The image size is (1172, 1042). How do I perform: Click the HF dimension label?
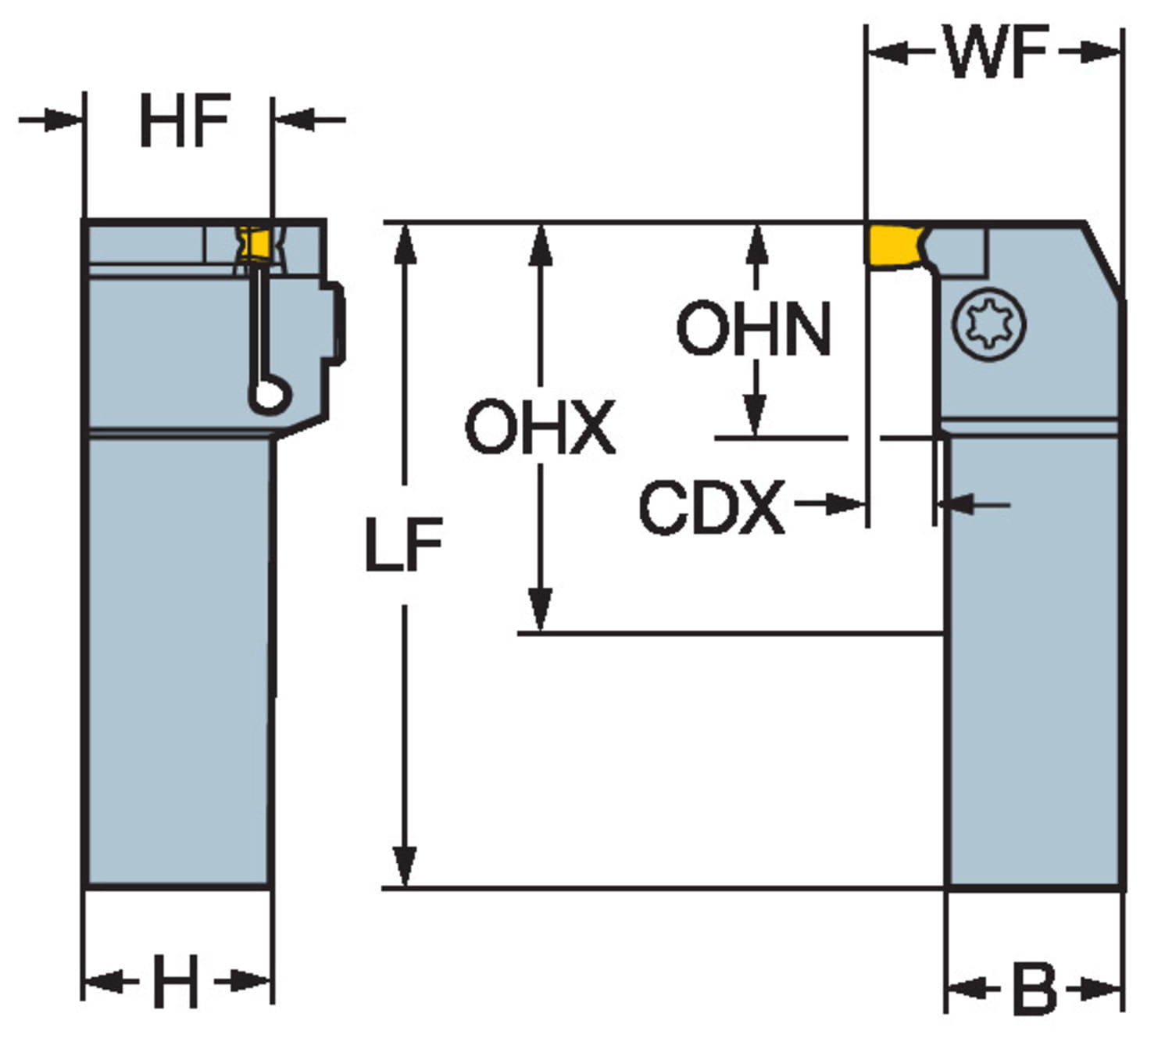(184, 120)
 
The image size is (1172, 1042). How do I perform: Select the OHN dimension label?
(753, 329)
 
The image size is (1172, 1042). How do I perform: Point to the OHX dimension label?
(540, 427)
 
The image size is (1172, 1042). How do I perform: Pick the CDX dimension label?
(711, 508)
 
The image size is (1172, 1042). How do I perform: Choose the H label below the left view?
(176, 982)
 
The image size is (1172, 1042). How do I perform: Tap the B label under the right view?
(1034, 990)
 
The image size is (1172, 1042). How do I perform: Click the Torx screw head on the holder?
(989, 324)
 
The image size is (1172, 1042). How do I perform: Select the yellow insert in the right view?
(892, 244)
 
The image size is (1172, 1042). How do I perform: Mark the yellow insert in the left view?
(255, 242)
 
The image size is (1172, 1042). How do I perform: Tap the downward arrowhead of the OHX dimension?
(540, 610)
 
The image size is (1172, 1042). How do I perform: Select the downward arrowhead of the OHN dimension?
(754, 414)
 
